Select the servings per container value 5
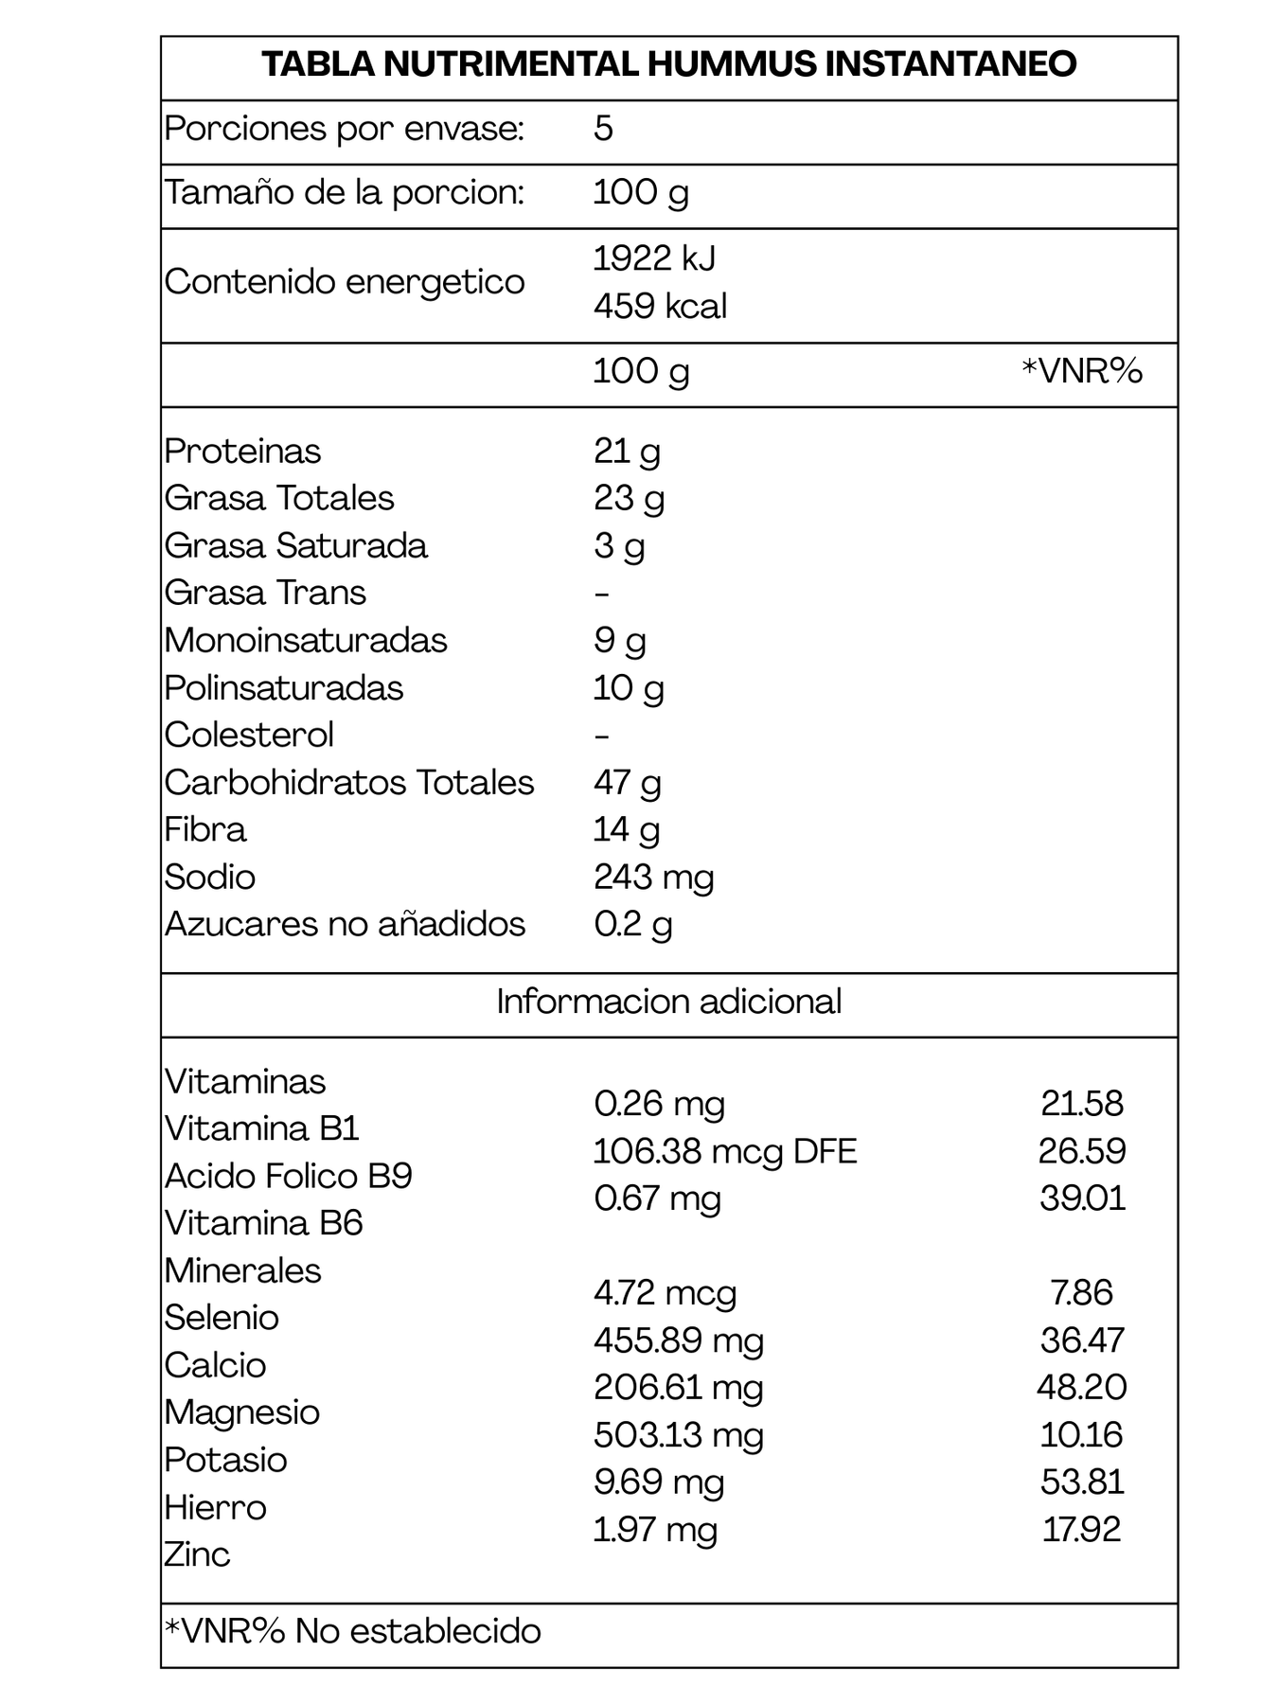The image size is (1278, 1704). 603,128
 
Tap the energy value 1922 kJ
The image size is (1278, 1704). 654,257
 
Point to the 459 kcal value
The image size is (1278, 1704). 660,306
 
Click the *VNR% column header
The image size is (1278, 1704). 1082,370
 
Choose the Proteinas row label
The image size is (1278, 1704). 242,451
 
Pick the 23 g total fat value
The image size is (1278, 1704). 629,498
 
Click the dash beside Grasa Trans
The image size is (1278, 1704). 602,594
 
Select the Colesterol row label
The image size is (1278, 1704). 249,735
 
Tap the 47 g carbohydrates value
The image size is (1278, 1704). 627,782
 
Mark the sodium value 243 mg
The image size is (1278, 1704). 653,877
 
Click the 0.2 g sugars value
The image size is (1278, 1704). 632,924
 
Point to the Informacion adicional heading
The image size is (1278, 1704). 668,1002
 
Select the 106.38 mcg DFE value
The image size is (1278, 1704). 724,1151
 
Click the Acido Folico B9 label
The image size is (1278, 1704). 289,1176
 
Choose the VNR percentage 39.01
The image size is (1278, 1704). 1082,1198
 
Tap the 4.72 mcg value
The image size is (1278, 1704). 665,1293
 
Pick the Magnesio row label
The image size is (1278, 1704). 242,1412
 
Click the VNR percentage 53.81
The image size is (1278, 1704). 1082,1482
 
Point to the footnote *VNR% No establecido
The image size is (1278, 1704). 352,1631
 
